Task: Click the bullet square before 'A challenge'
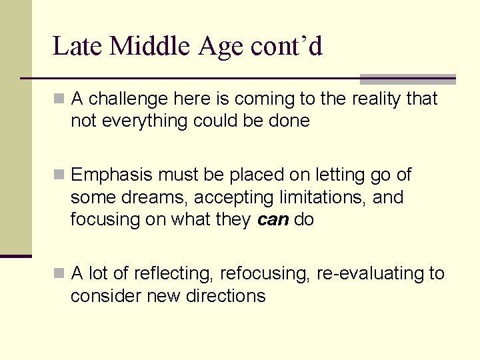point(59,99)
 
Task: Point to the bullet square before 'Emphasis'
point(59,175)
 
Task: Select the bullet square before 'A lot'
point(59,274)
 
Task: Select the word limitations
point(325,197)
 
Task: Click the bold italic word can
point(273,220)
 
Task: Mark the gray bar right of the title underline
point(407,79)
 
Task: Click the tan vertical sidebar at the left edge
point(15,127)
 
